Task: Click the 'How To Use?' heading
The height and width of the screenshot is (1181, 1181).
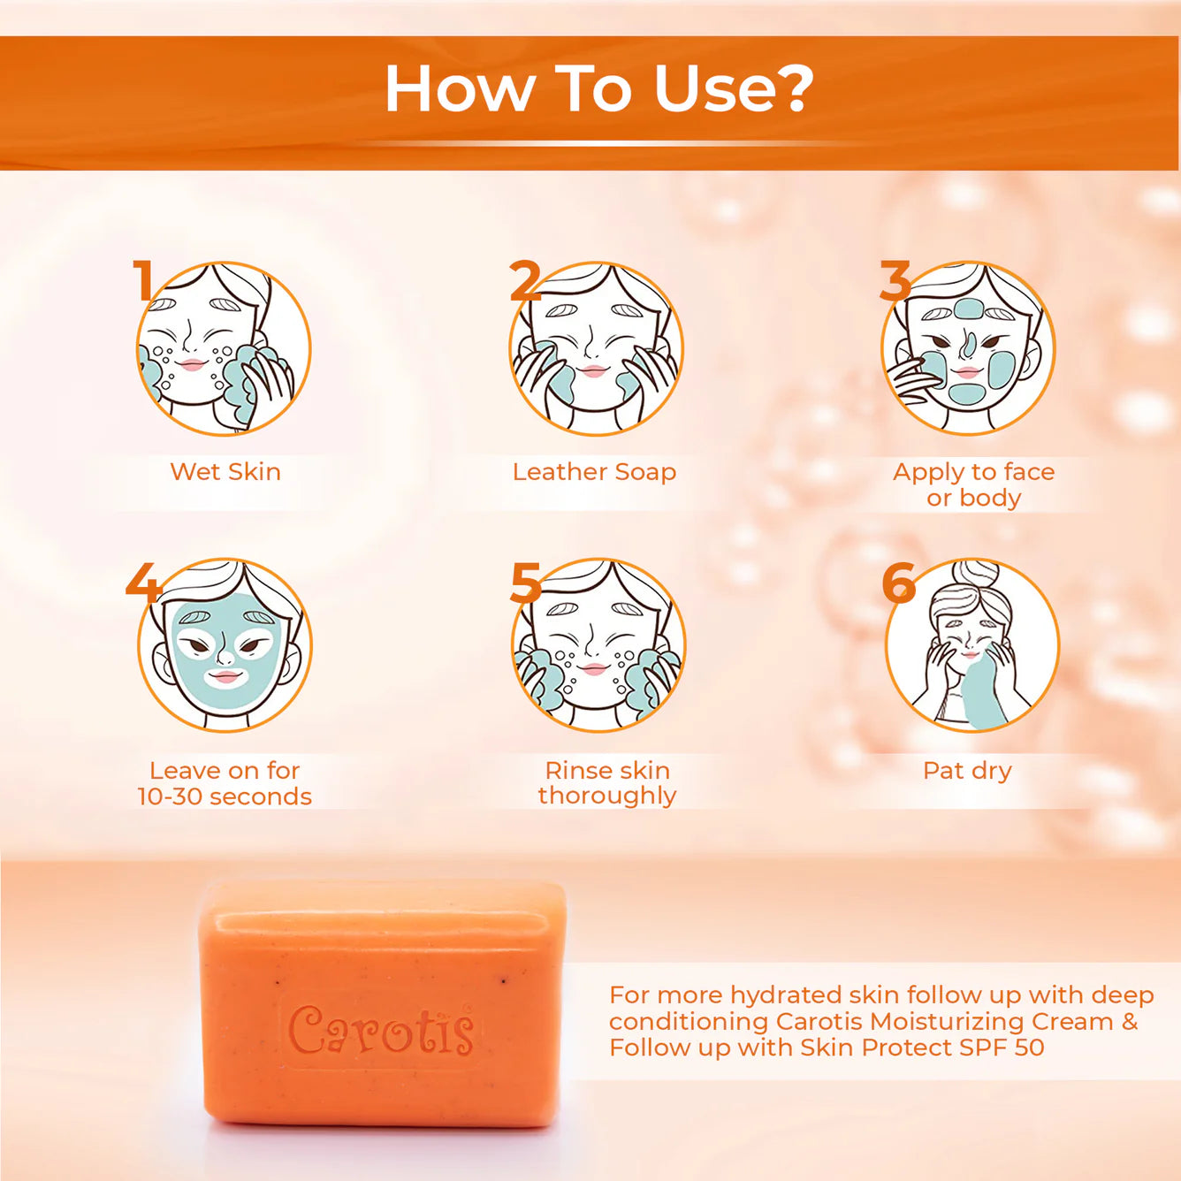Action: coord(598,89)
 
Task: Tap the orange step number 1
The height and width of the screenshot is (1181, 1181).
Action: coord(143,280)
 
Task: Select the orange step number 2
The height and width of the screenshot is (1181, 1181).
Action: coord(524,282)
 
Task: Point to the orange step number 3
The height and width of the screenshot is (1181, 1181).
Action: coord(895,282)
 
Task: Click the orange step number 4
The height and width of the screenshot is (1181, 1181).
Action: coord(142,583)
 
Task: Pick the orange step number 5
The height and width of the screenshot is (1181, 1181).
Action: coord(525,583)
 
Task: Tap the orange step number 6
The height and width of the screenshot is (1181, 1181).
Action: coord(898,583)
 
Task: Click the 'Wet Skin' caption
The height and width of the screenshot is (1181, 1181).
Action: coord(225,472)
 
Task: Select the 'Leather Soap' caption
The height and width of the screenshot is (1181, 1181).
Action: coord(594,472)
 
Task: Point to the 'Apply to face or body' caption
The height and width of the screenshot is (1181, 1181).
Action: coord(973,484)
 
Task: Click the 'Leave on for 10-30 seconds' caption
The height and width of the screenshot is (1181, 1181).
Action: coord(225,783)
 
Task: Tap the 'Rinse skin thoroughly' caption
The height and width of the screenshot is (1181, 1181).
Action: coord(607,782)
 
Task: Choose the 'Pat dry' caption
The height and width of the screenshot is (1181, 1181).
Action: coord(967,771)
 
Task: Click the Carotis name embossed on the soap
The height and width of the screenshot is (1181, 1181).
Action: coord(381,1031)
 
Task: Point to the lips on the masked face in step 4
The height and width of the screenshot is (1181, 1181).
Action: coord(225,677)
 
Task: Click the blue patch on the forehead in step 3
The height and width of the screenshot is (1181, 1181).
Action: coord(969,309)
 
